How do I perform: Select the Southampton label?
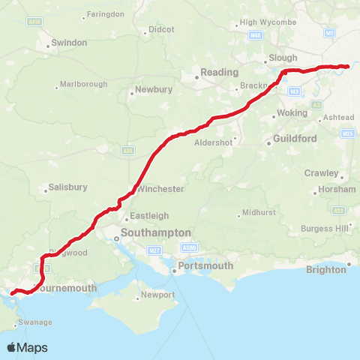156,233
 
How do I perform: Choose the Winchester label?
160,188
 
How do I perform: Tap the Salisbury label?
68,187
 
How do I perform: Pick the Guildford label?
296,139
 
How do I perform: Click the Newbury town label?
154,91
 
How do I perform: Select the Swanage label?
36,322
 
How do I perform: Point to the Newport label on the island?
158,295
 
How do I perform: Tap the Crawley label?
321,173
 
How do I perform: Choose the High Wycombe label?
268,22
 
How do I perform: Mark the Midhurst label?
259,213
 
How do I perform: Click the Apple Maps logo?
26,347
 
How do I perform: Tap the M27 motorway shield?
154,250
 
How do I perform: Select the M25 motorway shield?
346,133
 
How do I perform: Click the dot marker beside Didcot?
148,29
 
